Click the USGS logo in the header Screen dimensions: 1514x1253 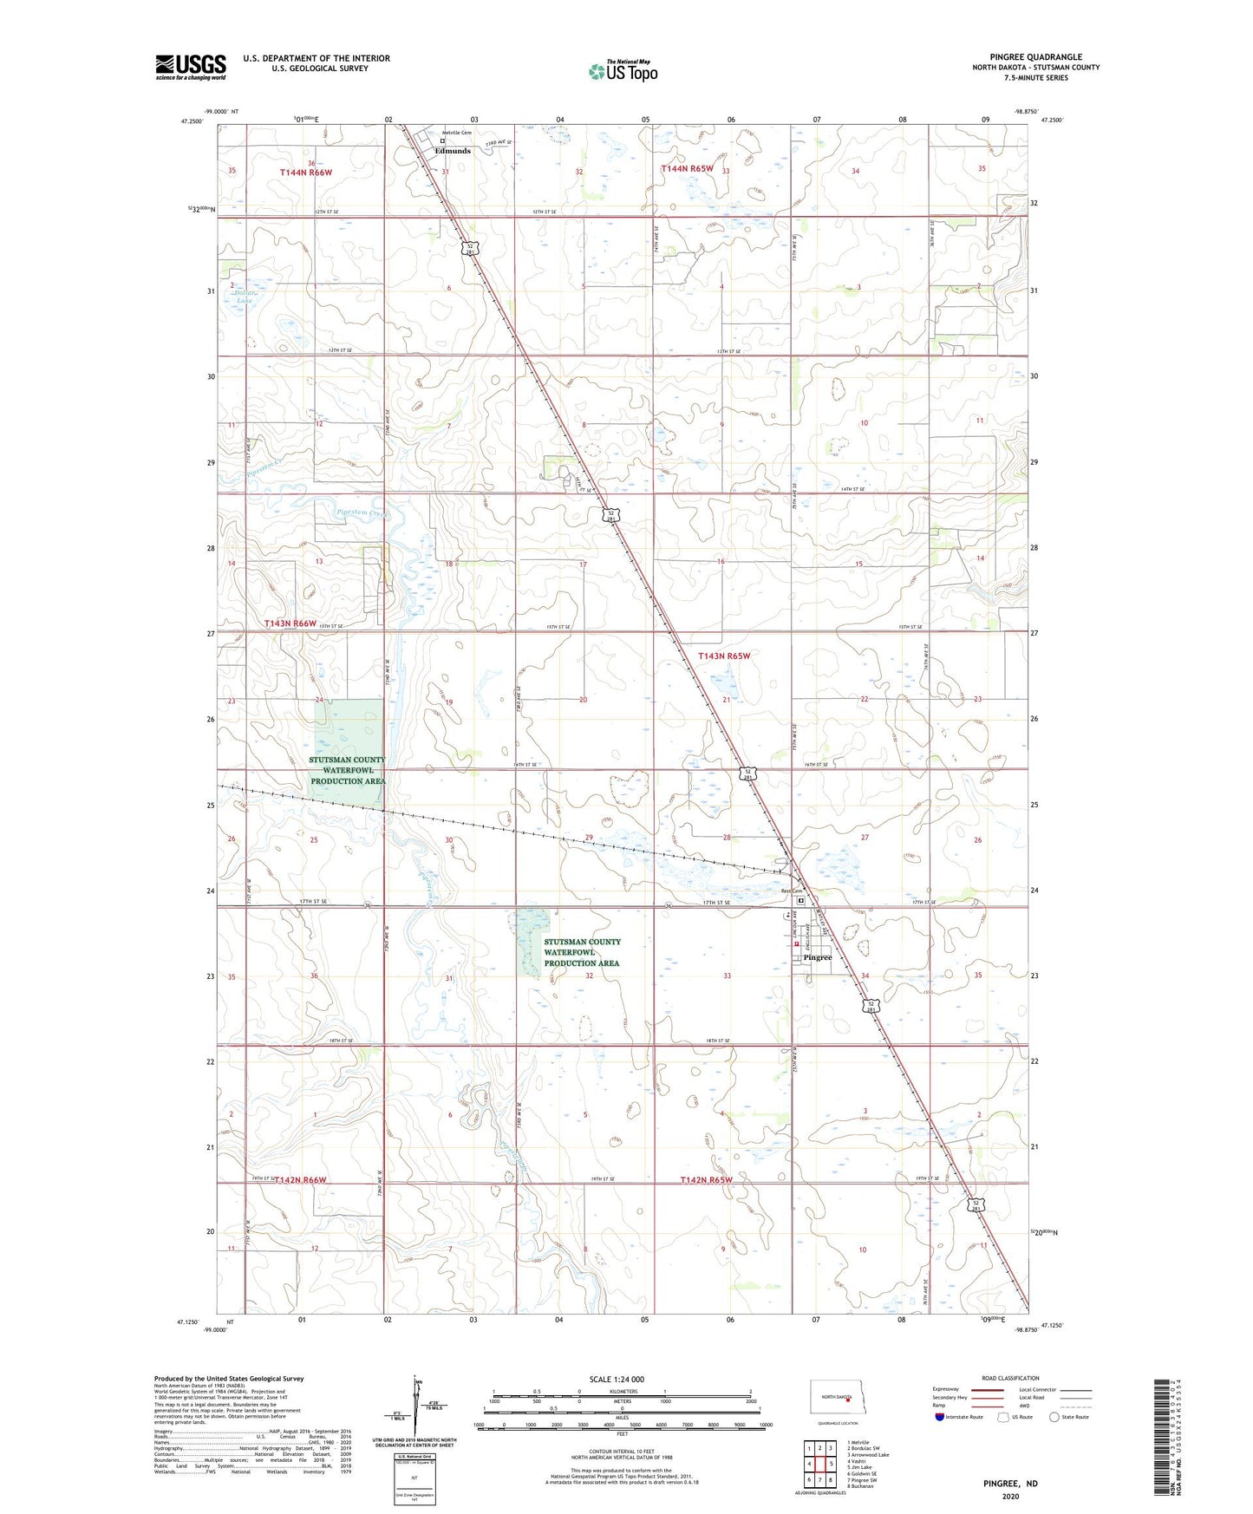[x=191, y=67]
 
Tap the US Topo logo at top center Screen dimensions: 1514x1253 [x=623, y=71]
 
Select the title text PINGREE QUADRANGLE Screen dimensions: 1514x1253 [x=1035, y=57]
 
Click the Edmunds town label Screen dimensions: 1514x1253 [x=453, y=151]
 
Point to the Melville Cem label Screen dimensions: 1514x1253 [x=457, y=133]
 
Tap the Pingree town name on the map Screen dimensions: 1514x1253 [x=817, y=957]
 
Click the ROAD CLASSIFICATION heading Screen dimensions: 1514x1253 [x=1009, y=1378]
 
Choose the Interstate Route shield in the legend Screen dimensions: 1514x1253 [x=940, y=1417]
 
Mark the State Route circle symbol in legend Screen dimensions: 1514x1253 [x=1054, y=1417]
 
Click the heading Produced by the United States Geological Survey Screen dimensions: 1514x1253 [x=229, y=1378]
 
